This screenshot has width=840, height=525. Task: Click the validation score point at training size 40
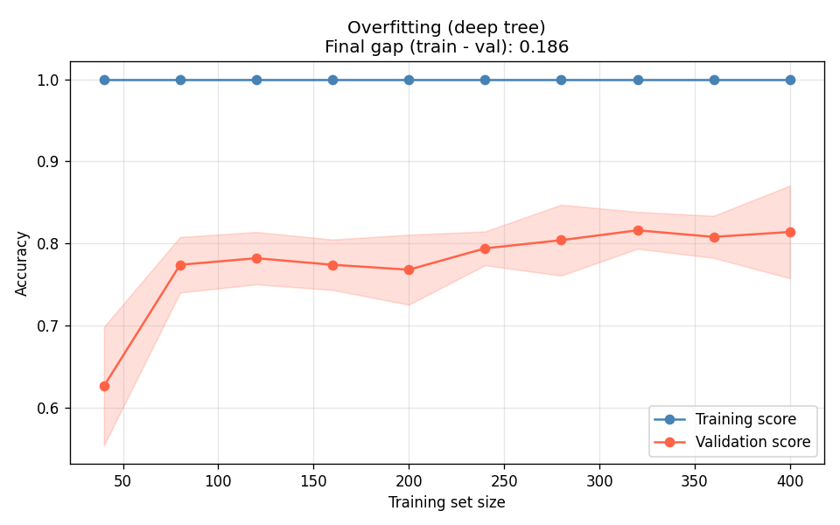coord(104,386)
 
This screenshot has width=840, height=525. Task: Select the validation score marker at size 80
coord(180,265)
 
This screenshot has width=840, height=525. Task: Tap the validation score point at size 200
coord(409,269)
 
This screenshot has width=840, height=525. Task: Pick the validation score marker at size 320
coord(638,230)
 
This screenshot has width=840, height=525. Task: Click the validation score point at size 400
coord(790,232)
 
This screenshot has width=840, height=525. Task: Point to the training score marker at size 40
coord(104,80)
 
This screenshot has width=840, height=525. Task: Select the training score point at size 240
coord(485,80)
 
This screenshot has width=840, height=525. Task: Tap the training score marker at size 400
coord(790,80)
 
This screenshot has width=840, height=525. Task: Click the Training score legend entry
coord(745,419)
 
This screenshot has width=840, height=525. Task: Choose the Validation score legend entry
coord(752,442)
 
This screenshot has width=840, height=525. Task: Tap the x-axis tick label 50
coord(123,481)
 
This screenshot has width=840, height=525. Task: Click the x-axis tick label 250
coord(504,481)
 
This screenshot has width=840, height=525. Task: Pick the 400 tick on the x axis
coord(790,481)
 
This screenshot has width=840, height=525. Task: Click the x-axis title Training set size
coord(447,503)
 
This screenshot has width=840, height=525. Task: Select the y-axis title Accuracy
coord(22,263)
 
